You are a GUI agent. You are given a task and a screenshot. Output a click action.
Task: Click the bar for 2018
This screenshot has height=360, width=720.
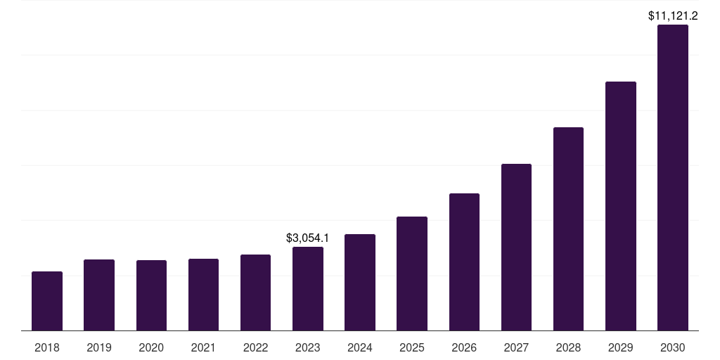pyautogui.click(x=47, y=301)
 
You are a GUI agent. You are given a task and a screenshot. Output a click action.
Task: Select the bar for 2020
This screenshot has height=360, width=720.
pyautogui.click(x=151, y=295)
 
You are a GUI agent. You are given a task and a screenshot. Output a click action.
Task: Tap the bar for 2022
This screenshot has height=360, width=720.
pyautogui.click(x=255, y=292)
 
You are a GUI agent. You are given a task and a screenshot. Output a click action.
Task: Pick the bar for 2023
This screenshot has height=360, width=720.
pyautogui.click(x=308, y=288)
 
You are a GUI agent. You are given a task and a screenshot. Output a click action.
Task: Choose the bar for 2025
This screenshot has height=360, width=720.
pyautogui.click(x=412, y=274)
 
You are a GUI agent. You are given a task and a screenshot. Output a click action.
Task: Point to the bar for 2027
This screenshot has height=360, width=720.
pyautogui.click(x=516, y=247)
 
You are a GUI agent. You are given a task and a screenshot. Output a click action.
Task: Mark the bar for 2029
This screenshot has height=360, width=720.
pyautogui.click(x=620, y=206)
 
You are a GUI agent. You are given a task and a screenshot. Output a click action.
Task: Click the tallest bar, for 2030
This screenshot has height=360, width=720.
pyautogui.click(x=673, y=178)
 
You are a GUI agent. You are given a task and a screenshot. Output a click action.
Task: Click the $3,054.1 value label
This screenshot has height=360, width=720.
pyautogui.click(x=308, y=238)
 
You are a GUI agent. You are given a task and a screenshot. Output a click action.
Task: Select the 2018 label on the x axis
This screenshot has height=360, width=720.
pyautogui.click(x=47, y=347)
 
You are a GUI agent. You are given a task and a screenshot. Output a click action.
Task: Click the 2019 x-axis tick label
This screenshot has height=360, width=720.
pyautogui.click(x=99, y=347)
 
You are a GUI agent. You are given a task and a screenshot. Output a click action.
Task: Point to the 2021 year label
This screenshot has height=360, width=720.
pyautogui.click(x=203, y=347)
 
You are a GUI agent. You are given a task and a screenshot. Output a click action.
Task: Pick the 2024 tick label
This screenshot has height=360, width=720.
pyautogui.click(x=360, y=347)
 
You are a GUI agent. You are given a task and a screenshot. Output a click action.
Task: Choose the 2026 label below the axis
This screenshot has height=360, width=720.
pyautogui.click(x=464, y=347)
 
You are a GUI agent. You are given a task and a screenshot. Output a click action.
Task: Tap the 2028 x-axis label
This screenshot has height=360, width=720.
pyautogui.click(x=568, y=347)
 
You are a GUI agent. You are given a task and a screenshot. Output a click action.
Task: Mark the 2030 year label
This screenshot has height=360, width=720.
pyautogui.click(x=673, y=347)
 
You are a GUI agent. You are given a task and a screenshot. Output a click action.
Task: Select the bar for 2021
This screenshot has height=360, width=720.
pyautogui.click(x=203, y=295)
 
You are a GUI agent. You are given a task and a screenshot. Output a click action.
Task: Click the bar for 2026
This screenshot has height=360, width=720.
pyautogui.click(x=464, y=262)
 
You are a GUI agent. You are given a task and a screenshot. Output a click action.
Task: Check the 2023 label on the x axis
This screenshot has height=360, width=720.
pyautogui.click(x=308, y=347)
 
